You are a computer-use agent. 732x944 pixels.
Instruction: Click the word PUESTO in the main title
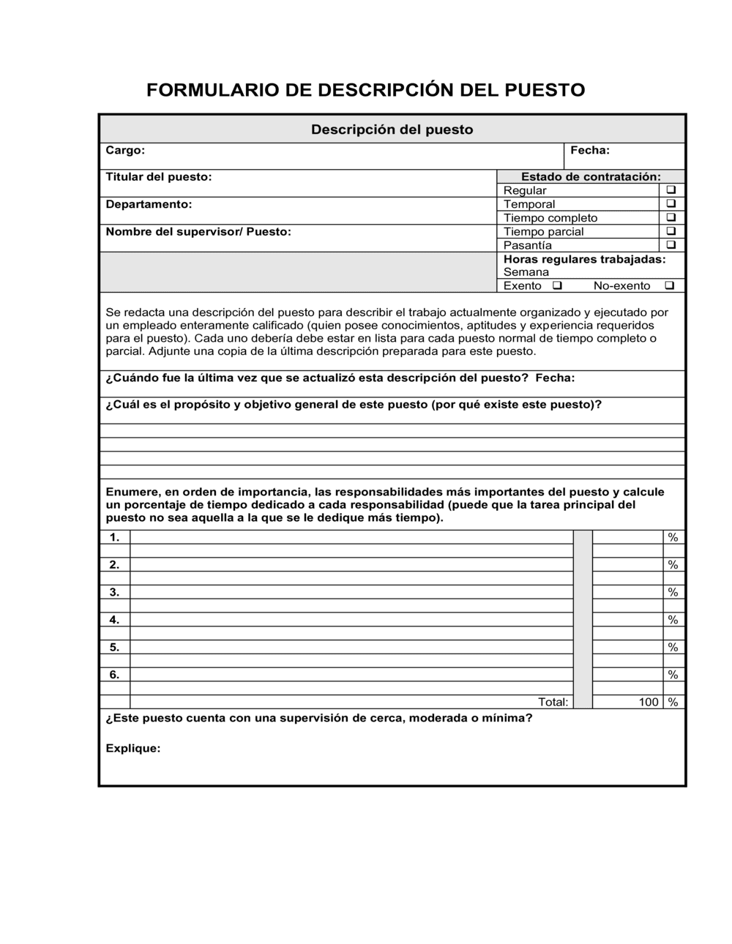tap(545, 90)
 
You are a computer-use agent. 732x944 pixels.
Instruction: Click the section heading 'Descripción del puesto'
tap(392, 130)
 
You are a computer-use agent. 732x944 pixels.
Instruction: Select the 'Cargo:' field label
tap(125, 150)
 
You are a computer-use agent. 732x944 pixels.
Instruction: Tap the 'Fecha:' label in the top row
tap(589, 150)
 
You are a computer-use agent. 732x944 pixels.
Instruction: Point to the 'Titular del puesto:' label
tap(158, 177)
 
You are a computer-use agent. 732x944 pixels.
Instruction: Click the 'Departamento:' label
tap(149, 204)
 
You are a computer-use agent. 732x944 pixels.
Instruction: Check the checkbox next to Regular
tap(671, 190)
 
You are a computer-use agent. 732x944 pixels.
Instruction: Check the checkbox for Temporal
tap(671, 204)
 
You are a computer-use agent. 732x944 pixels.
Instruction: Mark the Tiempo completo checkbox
tap(671, 218)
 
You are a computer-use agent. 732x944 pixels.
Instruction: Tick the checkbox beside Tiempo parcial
tap(671, 231)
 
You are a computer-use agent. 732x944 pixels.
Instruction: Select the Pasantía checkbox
tap(671, 245)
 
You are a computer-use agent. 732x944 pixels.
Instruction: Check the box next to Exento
tap(557, 285)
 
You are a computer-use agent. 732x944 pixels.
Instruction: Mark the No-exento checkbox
tap(669, 285)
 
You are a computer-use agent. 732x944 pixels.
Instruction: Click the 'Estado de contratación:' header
tap(590, 177)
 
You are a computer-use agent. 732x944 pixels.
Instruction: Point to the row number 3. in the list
tap(114, 592)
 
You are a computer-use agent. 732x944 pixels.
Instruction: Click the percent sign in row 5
tap(673, 648)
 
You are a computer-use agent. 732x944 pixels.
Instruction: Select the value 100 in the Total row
tap(648, 703)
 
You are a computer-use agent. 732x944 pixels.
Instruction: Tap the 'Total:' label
tap(553, 703)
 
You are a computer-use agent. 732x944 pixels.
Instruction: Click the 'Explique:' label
tap(132, 749)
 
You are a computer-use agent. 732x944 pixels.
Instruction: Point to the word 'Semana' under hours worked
tap(526, 272)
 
